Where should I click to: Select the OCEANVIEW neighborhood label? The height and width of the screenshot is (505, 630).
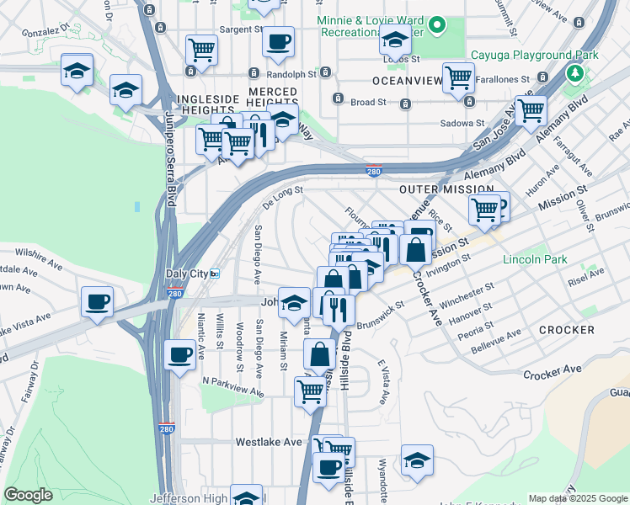coord(407,81)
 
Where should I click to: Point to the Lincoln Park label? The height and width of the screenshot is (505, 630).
coord(535,259)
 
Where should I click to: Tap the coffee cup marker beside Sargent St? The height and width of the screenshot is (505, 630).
coord(278,42)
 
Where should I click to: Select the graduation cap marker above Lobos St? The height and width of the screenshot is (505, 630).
coord(394,40)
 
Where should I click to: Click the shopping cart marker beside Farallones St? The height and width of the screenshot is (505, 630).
coord(458,79)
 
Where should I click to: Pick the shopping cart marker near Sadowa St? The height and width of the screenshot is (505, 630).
coord(531,111)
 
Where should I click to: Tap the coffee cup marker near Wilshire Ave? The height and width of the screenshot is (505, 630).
coord(97,302)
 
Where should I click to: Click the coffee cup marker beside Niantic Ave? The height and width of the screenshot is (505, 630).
coord(179,355)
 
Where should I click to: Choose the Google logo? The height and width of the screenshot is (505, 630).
coord(28,495)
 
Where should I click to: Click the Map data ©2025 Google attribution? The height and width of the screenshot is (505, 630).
coord(577,498)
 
